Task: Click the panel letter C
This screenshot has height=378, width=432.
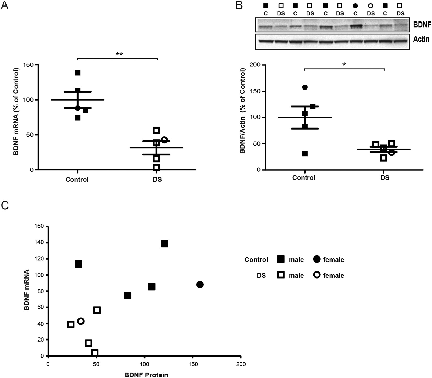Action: [x=5, y=205]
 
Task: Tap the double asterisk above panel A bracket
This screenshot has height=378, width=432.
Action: [x=119, y=54]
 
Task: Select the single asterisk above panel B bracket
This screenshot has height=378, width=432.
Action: [x=344, y=64]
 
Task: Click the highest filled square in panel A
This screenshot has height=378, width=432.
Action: [x=77, y=73]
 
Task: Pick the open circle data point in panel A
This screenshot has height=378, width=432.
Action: [x=164, y=140]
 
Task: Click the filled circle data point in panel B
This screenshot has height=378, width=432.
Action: [x=305, y=87]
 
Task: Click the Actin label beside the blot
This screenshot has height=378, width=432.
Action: [x=421, y=40]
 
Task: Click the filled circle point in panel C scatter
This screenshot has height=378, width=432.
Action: [x=200, y=285]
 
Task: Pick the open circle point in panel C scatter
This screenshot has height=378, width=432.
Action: [x=81, y=321]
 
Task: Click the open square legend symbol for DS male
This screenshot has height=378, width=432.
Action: [x=281, y=275]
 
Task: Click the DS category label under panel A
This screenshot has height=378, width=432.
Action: [x=157, y=180]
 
